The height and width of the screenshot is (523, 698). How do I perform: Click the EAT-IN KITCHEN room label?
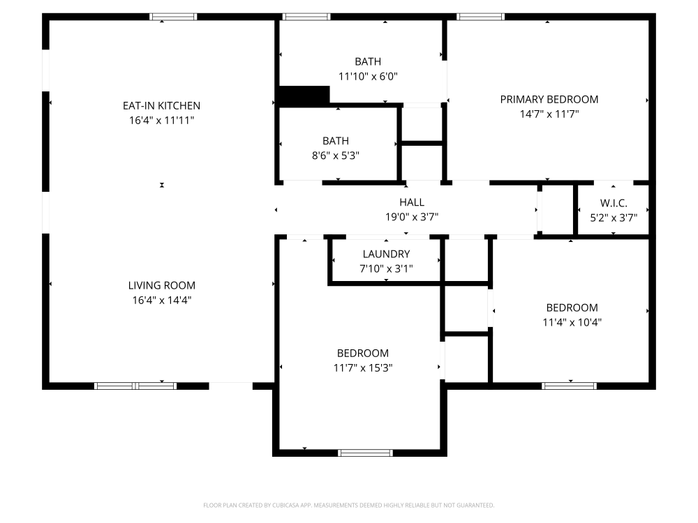pyautogui.click(x=162, y=106)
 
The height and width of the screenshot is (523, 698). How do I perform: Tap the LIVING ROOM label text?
pyautogui.click(x=162, y=285)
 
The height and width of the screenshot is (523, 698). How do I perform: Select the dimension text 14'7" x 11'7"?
pyautogui.click(x=549, y=114)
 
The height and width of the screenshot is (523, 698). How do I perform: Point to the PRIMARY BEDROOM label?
pyautogui.click(x=549, y=100)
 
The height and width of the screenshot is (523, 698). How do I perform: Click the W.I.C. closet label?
pyautogui.click(x=614, y=203)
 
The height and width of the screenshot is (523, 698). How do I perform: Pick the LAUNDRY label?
pyautogui.click(x=386, y=255)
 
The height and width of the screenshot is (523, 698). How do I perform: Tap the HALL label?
pyautogui.click(x=412, y=202)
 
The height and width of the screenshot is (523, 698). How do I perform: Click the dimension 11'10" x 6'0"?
pyautogui.click(x=368, y=77)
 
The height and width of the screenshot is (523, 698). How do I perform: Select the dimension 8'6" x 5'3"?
pyautogui.click(x=336, y=156)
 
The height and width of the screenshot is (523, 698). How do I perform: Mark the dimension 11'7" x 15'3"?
pyautogui.click(x=363, y=368)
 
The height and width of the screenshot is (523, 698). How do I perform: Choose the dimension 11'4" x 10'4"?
pyautogui.click(x=572, y=322)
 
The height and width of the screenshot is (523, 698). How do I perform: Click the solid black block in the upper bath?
pyautogui.click(x=304, y=96)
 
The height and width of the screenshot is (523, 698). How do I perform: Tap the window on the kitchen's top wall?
pyautogui.click(x=172, y=17)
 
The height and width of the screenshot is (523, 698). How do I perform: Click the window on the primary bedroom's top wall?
pyautogui.click(x=480, y=17)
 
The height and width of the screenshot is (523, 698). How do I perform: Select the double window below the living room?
pyautogui.click(x=135, y=386)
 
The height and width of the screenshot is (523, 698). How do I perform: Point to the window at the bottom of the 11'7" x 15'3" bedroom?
pyautogui.click(x=366, y=453)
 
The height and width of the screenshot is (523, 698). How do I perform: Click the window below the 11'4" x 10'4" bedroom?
pyautogui.click(x=570, y=386)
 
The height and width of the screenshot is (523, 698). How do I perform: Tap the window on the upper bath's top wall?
pyautogui.click(x=306, y=17)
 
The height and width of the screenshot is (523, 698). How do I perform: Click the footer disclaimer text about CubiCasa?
pyautogui.click(x=348, y=505)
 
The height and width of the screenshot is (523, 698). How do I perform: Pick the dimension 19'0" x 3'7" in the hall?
pyautogui.click(x=412, y=217)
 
